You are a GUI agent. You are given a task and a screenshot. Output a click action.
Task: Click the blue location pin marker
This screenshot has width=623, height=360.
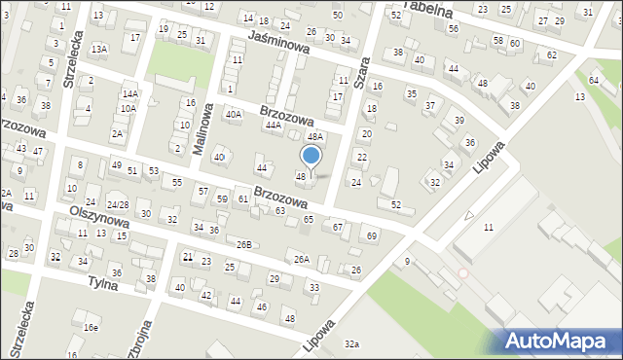[x=311, y=156]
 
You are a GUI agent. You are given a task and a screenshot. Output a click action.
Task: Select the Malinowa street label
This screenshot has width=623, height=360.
[x=205, y=123]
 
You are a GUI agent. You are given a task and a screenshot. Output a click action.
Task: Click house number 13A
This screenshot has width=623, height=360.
[x=98, y=49]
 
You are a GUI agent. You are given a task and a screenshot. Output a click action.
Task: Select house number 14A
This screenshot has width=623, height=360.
[x=130, y=93]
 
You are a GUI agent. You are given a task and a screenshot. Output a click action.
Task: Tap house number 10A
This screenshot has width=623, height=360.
[x=128, y=109]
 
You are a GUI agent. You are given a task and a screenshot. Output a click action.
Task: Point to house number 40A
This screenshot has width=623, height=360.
[x=234, y=115]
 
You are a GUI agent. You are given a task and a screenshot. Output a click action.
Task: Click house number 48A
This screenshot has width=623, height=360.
[x=314, y=137]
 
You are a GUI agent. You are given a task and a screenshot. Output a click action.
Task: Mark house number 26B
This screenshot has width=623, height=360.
[x=243, y=244]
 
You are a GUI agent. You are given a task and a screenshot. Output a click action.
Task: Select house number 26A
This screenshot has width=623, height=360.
[x=302, y=259]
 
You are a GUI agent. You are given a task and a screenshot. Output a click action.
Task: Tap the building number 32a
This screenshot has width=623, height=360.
[x=351, y=344]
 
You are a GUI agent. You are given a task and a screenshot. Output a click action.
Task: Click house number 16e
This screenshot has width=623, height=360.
[x=91, y=328]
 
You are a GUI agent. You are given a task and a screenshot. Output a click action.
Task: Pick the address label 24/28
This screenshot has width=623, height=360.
[x=117, y=204]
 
